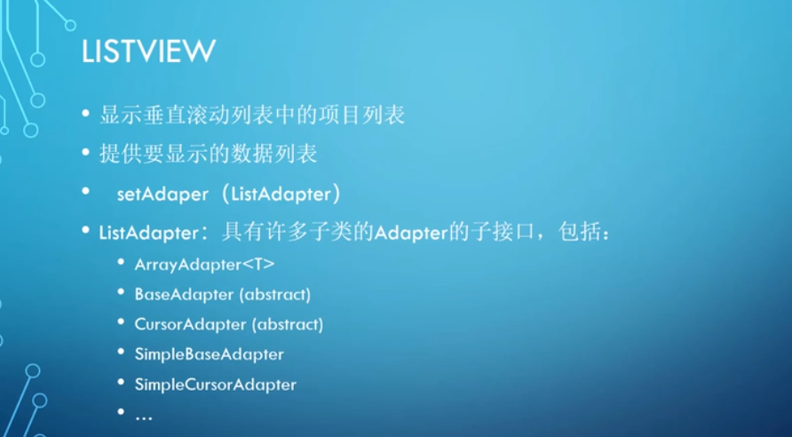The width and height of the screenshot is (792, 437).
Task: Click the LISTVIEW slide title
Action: (148, 51)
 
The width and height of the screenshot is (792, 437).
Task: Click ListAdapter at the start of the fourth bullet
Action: (149, 234)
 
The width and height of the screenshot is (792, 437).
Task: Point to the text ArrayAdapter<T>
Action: (204, 265)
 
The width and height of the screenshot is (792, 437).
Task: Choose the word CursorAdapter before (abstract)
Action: (190, 324)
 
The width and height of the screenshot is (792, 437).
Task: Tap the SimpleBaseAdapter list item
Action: (210, 354)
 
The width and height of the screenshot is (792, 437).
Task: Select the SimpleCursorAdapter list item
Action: (215, 385)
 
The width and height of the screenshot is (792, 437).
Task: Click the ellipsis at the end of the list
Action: (144, 417)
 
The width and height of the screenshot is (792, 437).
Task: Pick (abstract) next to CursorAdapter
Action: (288, 324)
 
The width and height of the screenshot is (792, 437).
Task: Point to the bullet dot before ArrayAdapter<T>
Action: (121, 262)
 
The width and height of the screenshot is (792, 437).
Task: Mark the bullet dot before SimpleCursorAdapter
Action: (121, 381)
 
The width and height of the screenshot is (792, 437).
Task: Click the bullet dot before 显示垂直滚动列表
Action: (86, 112)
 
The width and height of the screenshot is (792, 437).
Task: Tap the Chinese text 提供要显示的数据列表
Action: (208, 154)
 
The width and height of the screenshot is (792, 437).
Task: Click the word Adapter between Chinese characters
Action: (411, 234)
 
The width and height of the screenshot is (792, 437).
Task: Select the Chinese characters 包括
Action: (579, 233)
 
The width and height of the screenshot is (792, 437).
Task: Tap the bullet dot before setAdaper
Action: (86, 191)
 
